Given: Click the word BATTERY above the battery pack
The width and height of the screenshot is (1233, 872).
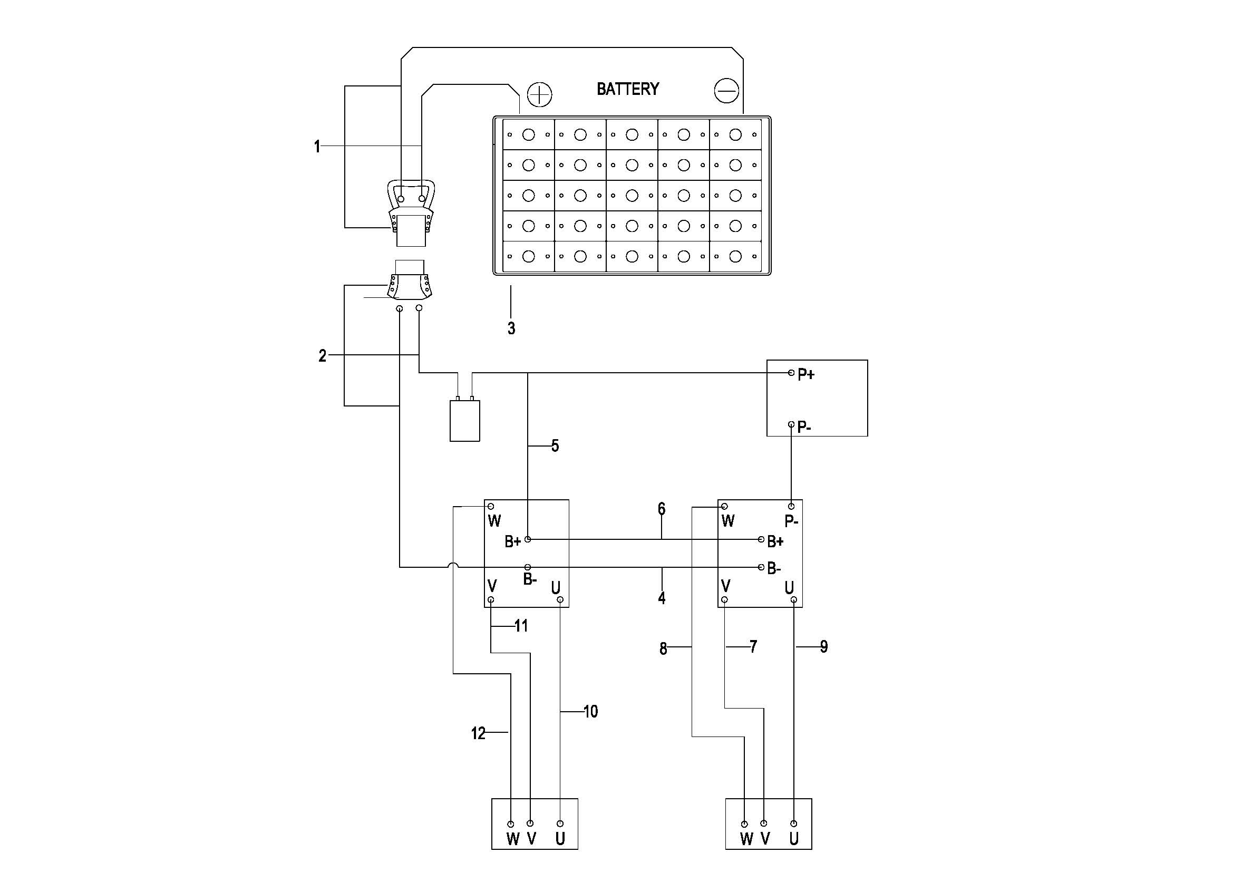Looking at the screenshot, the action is pyautogui.click(x=628, y=89).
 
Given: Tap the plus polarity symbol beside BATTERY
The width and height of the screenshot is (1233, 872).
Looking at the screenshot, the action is pyautogui.click(x=540, y=95).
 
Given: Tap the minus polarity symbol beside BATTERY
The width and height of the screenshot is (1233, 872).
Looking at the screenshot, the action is pyautogui.click(x=726, y=91).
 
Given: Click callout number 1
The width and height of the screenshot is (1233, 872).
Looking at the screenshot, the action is pyautogui.click(x=317, y=146).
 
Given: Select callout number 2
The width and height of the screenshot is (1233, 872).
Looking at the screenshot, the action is pyautogui.click(x=322, y=355).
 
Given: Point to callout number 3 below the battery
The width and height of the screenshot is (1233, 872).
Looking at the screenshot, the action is pyautogui.click(x=511, y=328).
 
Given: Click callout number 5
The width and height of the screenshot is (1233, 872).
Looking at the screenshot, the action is pyautogui.click(x=555, y=445).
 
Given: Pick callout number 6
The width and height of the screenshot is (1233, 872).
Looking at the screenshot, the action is pyautogui.click(x=662, y=508).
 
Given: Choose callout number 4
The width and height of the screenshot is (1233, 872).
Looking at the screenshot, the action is pyautogui.click(x=662, y=598).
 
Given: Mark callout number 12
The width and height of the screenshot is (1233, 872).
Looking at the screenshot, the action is pyautogui.click(x=479, y=733).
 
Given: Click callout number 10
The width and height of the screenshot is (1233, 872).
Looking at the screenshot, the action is pyautogui.click(x=591, y=711).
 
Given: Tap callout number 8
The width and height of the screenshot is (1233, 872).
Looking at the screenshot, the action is pyautogui.click(x=663, y=649).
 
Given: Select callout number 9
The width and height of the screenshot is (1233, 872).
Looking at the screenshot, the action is pyautogui.click(x=824, y=647).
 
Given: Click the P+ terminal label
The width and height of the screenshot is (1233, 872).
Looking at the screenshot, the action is pyautogui.click(x=806, y=375).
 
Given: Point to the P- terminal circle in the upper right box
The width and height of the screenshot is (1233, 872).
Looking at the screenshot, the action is pyautogui.click(x=791, y=424).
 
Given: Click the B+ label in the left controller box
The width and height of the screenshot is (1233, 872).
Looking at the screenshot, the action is pyautogui.click(x=513, y=542).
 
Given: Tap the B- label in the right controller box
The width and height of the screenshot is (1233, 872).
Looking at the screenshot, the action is pyautogui.click(x=774, y=569).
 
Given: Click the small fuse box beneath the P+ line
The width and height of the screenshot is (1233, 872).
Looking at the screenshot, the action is pyautogui.click(x=464, y=420).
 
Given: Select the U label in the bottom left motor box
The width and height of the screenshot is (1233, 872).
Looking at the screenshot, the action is pyautogui.click(x=560, y=839).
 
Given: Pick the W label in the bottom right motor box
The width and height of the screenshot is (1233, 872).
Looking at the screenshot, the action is pyautogui.click(x=746, y=839).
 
